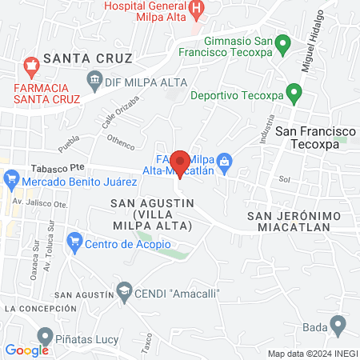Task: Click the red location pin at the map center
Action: click(x=180, y=163)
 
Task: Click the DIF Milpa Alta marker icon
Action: click(x=94, y=79)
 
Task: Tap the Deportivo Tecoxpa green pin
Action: click(x=293, y=94)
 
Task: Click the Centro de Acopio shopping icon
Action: click(x=75, y=239)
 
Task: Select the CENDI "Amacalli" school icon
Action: click(x=124, y=292)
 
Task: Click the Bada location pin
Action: click(x=338, y=326)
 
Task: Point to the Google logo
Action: click(x=26, y=350)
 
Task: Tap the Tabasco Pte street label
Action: click(x=58, y=169)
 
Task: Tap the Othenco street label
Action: click(x=121, y=143)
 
